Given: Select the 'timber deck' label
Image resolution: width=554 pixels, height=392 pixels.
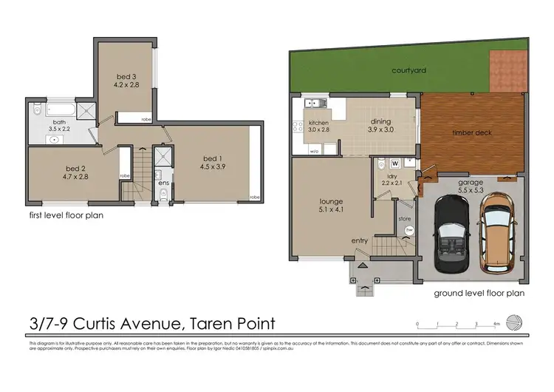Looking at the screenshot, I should tap(472, 133).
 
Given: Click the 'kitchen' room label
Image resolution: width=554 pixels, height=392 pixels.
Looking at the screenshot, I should tap(318, 123).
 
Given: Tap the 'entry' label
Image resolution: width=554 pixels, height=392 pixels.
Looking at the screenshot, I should tap(360, 240).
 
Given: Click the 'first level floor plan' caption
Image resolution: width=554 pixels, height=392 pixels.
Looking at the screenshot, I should tap(66, 216).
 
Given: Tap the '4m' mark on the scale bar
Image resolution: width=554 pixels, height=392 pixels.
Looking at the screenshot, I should tap(497, 324).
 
